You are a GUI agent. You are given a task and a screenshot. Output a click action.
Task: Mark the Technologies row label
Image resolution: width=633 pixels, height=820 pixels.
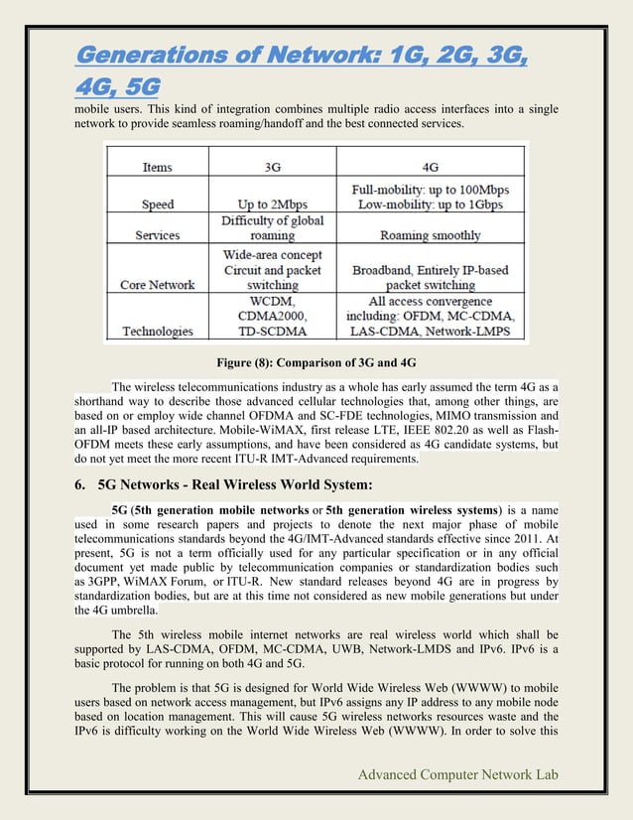tap(159, 332)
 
